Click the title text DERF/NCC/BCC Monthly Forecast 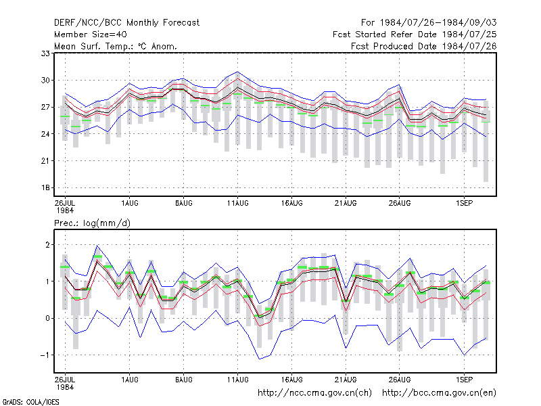[x=126, y=23]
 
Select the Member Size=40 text [x=91, y=35]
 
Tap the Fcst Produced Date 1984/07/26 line [x=424, y=46]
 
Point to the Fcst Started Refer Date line [x=415, y=35]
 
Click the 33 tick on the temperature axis [x=45, y=53]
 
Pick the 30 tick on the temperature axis [x=45, y=80]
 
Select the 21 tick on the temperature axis [x=45, y=161]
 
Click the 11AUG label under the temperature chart [x=238, y=204]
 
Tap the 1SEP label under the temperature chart [x=464, y=204]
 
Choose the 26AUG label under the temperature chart [x=400, y=204]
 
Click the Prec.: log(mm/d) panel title [x=92, y=223]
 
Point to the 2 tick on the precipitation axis [x=47, y=245]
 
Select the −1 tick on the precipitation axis [x=45, y=355]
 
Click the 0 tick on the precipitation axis [x=47, y=318]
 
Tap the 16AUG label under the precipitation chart [x=291, y=380]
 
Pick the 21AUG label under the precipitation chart [x=346, y=380]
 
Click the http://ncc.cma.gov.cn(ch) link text [x=314, y=393]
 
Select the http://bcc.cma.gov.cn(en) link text [x=439, y=393]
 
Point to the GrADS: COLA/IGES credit [x=30, y=402]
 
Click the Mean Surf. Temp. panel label [x=116, y=46]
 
